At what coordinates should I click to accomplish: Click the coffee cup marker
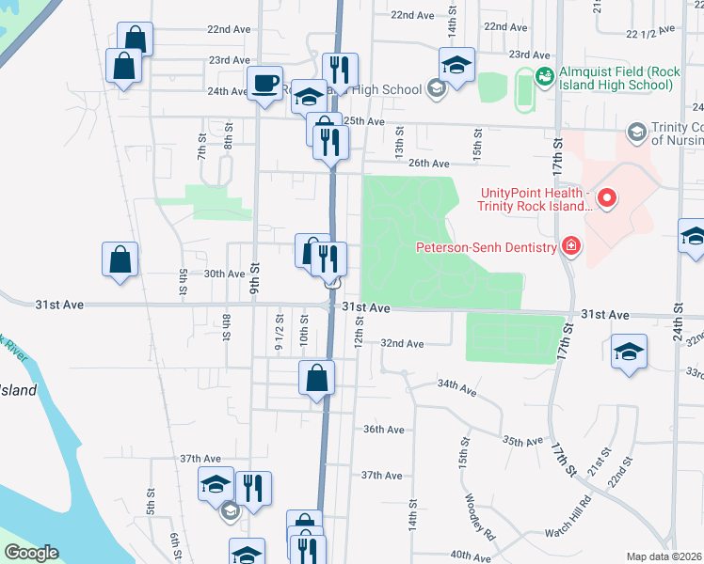(264, 83)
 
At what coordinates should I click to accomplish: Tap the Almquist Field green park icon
(544, 75)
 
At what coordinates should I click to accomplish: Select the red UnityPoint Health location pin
(607, 197)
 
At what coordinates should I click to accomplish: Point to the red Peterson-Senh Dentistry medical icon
(570, 247)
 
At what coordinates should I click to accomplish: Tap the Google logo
(31, 553)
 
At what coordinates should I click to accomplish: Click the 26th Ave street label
(429, 164)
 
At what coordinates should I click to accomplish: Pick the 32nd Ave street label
(402, 344)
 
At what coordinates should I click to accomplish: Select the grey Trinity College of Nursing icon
(636, 131)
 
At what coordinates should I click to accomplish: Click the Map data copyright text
(664, 556)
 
